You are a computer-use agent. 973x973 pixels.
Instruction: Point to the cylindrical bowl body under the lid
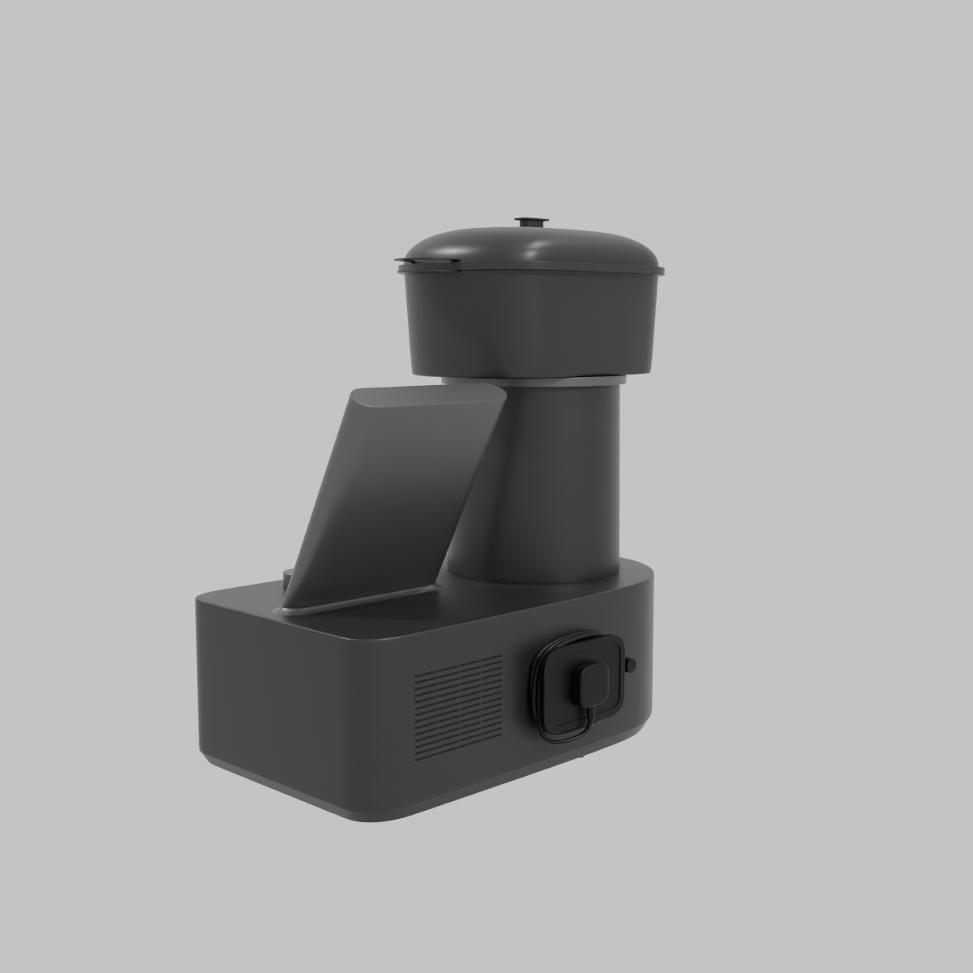tap(527, 324)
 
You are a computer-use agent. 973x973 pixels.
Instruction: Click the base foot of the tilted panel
tap(357, 604)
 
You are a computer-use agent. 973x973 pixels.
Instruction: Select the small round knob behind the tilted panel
tap(289, 577)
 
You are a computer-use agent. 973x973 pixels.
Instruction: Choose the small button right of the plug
tap(631, 665)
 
